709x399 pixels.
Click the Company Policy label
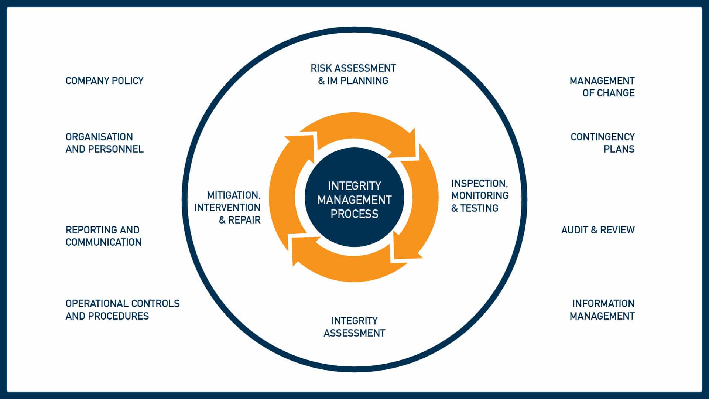(105, 81)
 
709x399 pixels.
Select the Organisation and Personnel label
(105, 143)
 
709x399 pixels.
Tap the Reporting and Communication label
(103, 236)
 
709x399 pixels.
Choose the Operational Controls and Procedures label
(122, 310)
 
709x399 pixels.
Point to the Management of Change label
(602, 87)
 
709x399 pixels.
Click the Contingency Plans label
(602, 143)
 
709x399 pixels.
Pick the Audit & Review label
(598, 230)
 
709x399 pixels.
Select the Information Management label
(602, 310)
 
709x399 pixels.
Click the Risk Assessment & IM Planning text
(353, 74)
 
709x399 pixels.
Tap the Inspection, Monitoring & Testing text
(480, 196)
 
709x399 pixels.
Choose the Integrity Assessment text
(354, 327)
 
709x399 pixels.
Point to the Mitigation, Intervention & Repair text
(228, 207)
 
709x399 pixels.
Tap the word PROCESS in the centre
(354, 214)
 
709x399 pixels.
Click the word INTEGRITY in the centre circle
(354, 185)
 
